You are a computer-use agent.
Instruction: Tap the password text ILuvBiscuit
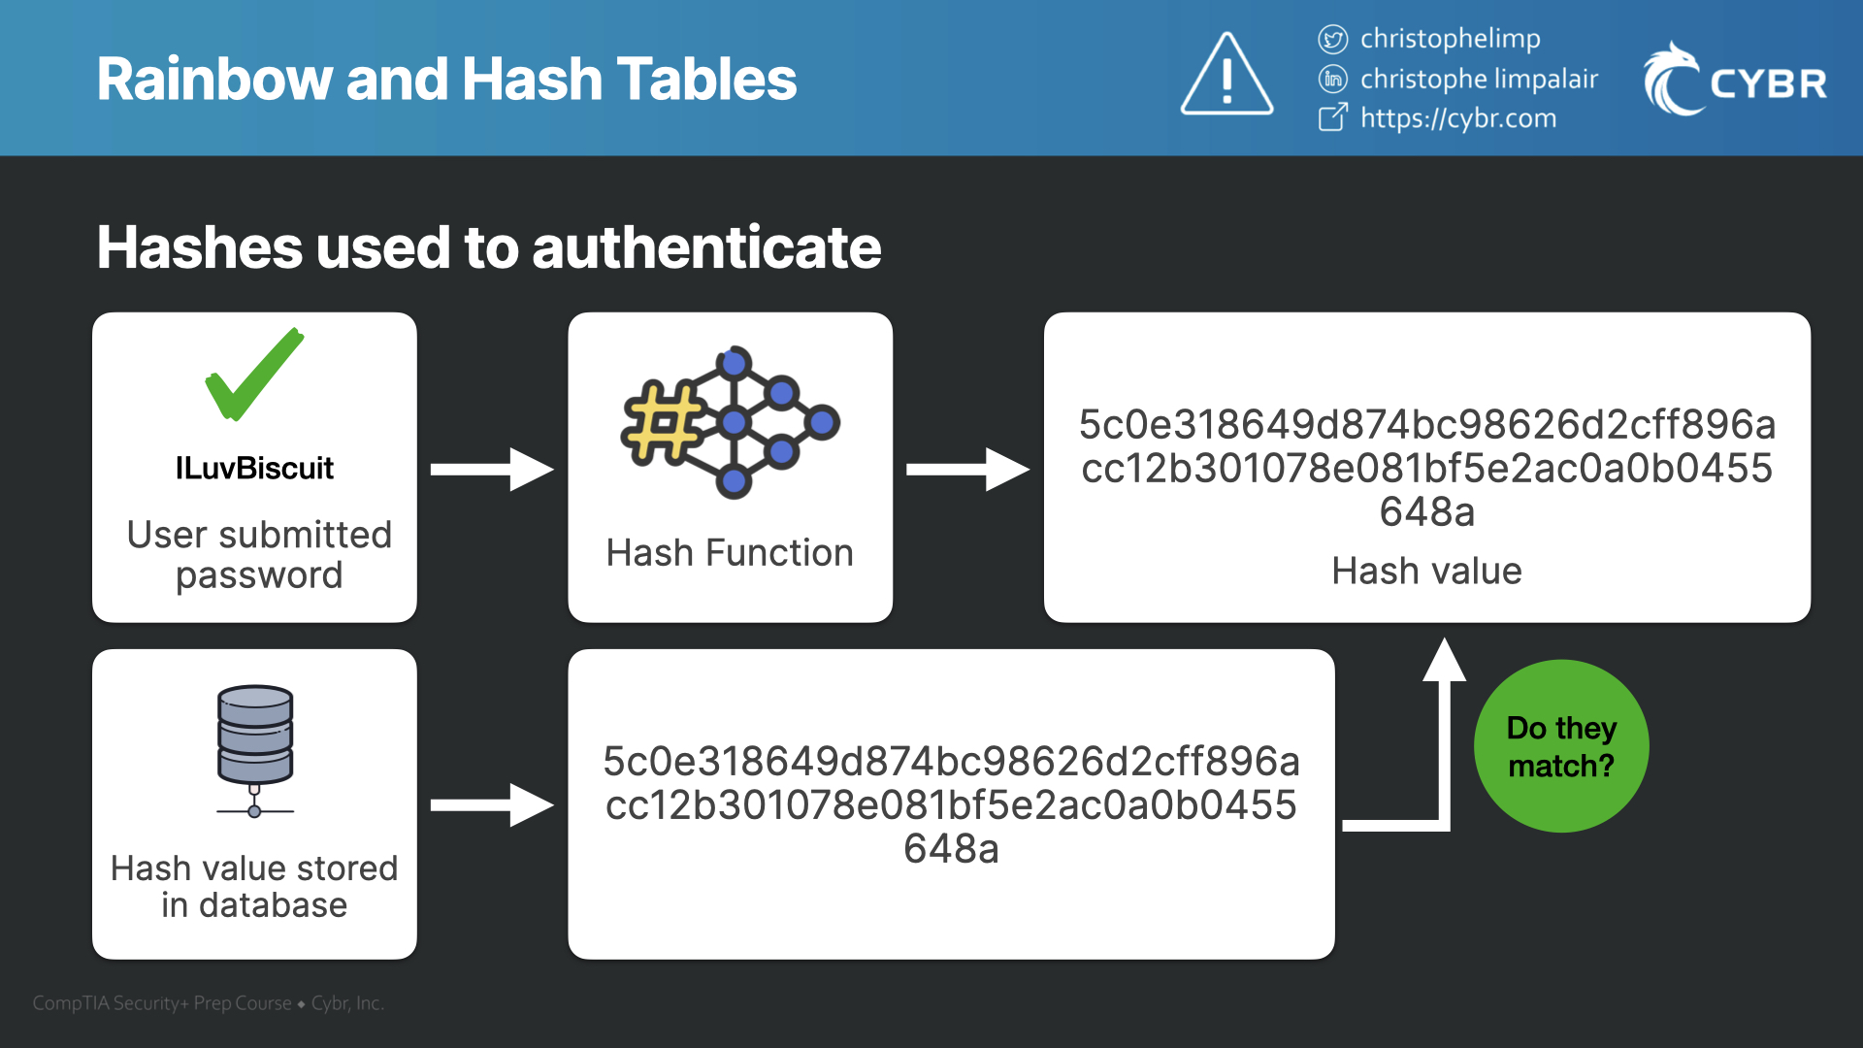[x=254, y=469]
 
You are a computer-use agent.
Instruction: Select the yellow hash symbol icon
[x=664, y=423]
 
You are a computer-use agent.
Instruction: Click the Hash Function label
[x=730, y=553]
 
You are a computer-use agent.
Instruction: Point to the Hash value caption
[x=1426, y=572]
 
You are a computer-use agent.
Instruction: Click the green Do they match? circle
[x=1560, y=746]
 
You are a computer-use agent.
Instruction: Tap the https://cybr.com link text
[x=1457, y=118]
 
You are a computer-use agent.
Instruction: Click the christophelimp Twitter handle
[x=1450, y=39]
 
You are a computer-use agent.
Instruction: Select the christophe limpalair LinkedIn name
[x=1478, y=79]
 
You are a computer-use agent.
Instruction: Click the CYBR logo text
[x=1768, y=83]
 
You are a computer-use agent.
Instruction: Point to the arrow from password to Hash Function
[x=491, y=470]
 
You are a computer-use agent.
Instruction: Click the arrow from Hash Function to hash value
[x=966, y=470]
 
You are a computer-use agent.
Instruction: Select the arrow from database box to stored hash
[x=491, y=804]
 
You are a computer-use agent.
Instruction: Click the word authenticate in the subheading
[x=706, y=247]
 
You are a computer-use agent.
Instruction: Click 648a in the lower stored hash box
[x=951, y=849]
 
